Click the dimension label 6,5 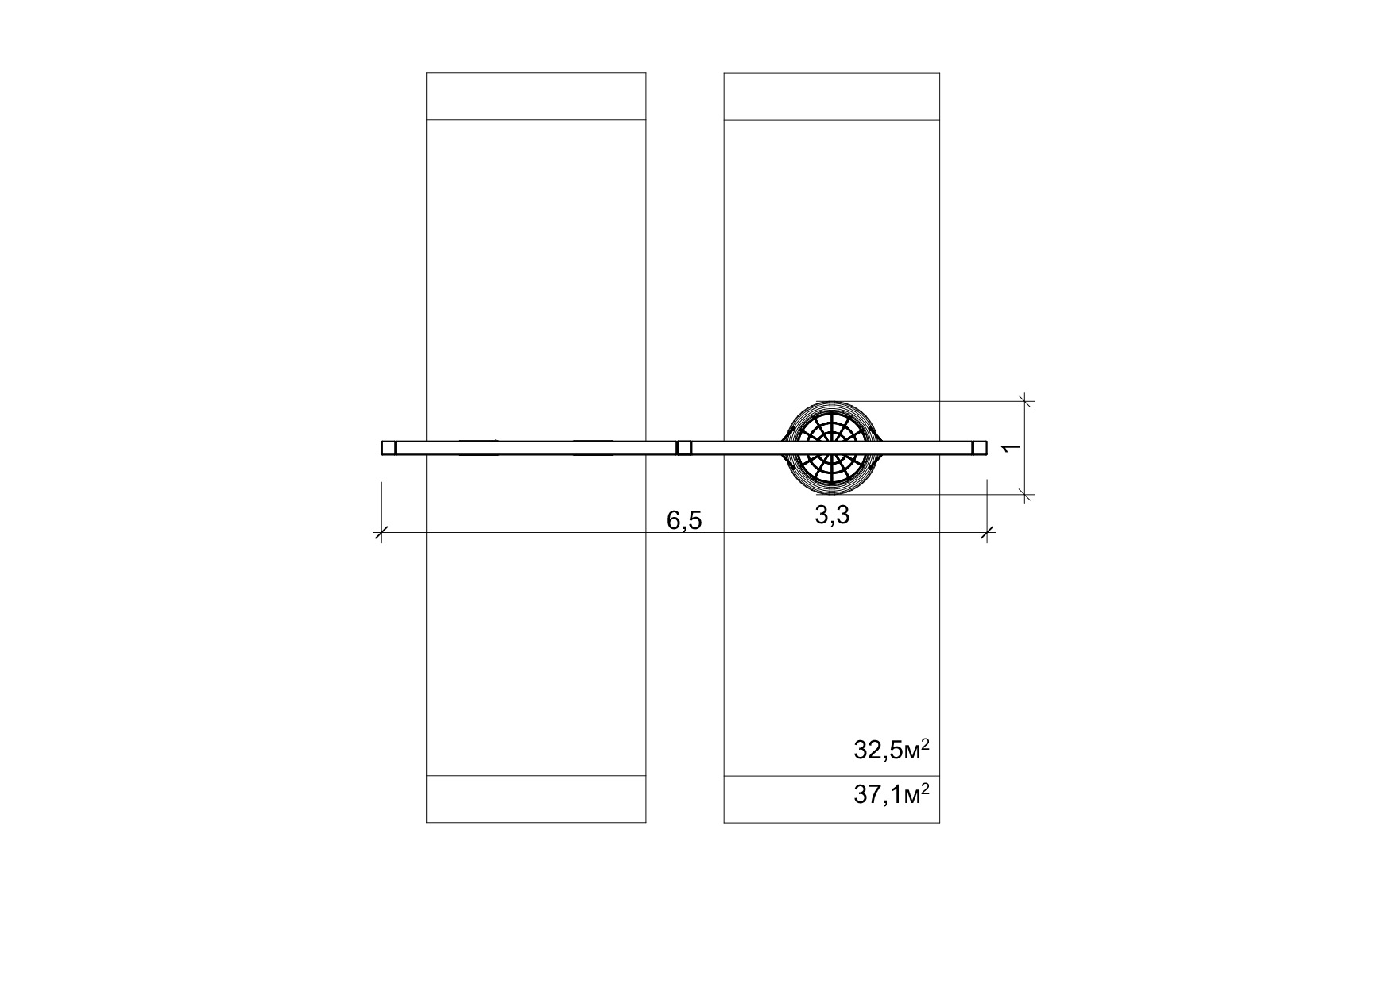click(684, 521)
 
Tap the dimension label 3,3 click(832, 515)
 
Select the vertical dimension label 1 click(1012, 448)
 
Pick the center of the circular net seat click(831, 448)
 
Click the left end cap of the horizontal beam click(389, 448)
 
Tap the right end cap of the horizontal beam click(980, 448)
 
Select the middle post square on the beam click(684, 448)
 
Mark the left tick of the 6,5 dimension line click(381, 532)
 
